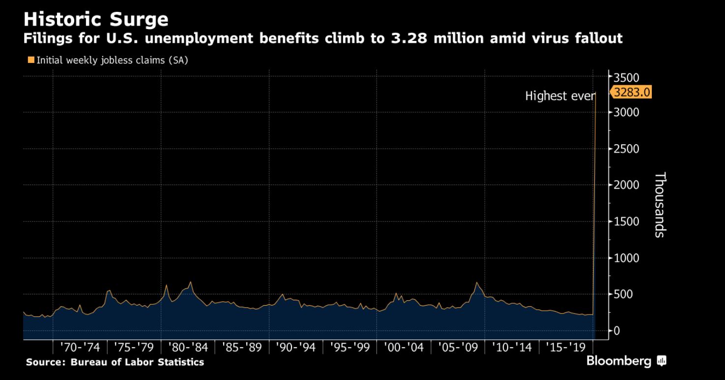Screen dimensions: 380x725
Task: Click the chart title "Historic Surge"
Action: pos(96,19)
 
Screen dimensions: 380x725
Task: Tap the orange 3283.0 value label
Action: pos(632,92)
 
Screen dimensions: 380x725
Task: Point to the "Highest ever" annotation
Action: pos(560,96)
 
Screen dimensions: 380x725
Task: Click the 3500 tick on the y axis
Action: pos(626,77)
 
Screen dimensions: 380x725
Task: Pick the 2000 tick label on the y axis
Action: pos(626,185)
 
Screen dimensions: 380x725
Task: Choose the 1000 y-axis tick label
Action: pos(626,258)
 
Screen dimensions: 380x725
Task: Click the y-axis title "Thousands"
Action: pos(660,204)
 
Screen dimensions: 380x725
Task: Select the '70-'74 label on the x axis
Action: pos(80,348)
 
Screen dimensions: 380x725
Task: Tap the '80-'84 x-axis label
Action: pos(188,348)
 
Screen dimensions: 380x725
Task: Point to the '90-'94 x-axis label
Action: pos(295,348)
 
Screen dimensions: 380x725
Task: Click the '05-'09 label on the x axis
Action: pos(458,348)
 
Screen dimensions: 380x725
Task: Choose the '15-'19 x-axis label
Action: pos(566,348)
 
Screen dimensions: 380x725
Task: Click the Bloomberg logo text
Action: pos(619,361)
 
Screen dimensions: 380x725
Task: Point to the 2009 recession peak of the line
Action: pos(476,283)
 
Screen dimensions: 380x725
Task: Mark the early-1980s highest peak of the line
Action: pos(190,282)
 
